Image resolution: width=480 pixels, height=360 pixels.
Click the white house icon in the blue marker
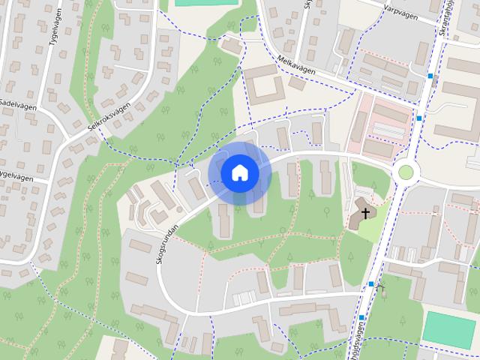coord(239,173)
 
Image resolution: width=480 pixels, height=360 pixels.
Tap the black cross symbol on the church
coord(366,214)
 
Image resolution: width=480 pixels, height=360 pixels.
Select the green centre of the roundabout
coord(406,172)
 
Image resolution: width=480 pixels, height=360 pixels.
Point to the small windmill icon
coord(381,287)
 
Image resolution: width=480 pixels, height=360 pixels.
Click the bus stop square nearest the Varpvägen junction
coord(430,76)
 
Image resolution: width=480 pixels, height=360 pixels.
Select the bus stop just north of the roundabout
coord(419,118)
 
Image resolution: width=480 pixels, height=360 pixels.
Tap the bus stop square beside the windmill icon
coord(370,283)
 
